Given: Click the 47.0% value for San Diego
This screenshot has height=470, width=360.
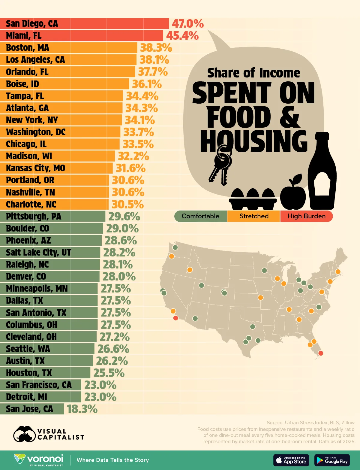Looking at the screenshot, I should [x=187, y=24].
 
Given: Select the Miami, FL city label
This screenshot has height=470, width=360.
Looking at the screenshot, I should [x=24, y=36].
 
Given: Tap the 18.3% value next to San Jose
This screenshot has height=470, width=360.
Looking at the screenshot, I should [x=82, y=409].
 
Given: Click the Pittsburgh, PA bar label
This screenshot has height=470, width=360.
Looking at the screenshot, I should [x=34, y=216].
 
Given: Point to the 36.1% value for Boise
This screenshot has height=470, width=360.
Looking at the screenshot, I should [x=147, y=84].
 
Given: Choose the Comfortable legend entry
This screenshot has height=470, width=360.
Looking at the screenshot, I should [x=200, y=216].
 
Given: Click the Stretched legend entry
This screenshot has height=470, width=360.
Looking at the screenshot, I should [x=254, y=216].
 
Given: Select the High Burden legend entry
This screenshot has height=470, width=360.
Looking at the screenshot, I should [x=306, y=216].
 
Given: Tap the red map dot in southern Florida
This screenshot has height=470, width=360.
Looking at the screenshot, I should [x=320, y=353].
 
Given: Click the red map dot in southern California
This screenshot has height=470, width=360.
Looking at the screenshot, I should [x=176, y=318].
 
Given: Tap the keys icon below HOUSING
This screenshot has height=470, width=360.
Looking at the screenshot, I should [x=221, y=165].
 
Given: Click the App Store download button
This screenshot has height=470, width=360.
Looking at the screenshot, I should [x=291, y=460].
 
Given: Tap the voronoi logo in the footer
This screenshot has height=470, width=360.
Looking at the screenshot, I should [x=39, y=460].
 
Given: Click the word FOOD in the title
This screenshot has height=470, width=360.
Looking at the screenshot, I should [x=238, y=118].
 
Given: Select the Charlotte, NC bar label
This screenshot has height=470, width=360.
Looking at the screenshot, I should [x=31, y=204].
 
